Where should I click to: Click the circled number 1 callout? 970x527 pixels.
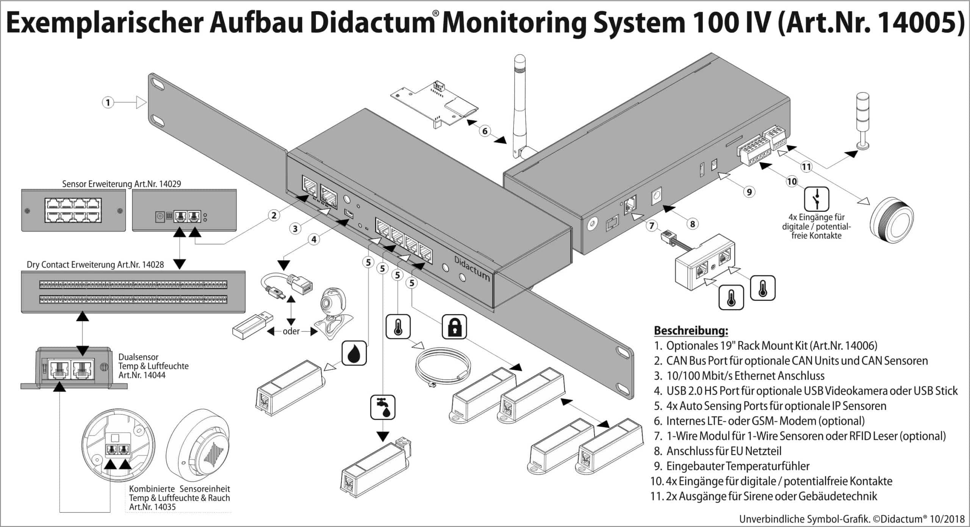tap(108, 102)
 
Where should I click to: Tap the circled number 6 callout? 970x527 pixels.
tap(485, 131)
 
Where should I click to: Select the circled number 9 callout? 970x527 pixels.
tap(749, 192)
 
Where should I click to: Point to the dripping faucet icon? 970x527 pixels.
tap(383, 407)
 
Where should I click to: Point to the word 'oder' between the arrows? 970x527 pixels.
tap(291, 331)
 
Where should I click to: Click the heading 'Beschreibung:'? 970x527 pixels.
tap(691, 330)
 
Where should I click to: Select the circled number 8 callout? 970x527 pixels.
tap(692, 224)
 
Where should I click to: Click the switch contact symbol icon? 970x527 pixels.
tap(817, 199)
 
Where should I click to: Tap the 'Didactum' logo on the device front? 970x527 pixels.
tap(472, 268)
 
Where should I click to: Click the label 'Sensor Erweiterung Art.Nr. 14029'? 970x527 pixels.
tap(122, 184)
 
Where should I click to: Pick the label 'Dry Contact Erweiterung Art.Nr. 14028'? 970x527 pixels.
tap(95, 264)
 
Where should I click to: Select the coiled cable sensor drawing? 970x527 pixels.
tap(443, 367)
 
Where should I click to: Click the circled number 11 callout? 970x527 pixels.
tap(806, 167)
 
